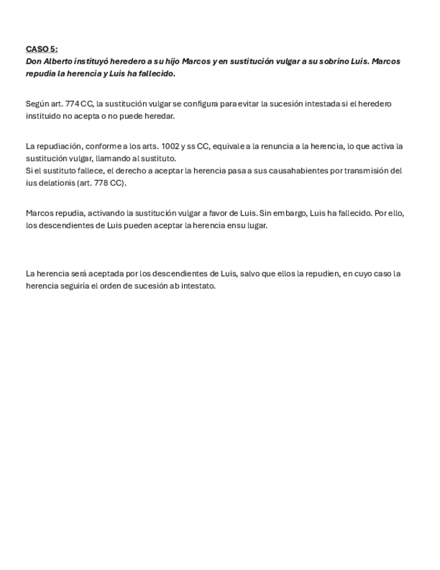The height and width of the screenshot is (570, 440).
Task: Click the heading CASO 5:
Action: click(x=42, y=49)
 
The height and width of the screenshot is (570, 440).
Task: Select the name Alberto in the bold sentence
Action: click(x=58, y=61)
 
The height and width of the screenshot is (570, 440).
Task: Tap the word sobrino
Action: click(x=331, y=61)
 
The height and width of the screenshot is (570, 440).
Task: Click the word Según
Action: click(x=38, y=104)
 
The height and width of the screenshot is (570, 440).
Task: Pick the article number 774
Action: click(x=73, y=104)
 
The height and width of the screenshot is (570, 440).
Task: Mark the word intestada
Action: click(x=310, y=104)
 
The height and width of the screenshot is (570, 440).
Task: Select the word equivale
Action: click(x=229, y=147)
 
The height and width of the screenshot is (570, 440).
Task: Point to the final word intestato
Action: click(x=198, y=286)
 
